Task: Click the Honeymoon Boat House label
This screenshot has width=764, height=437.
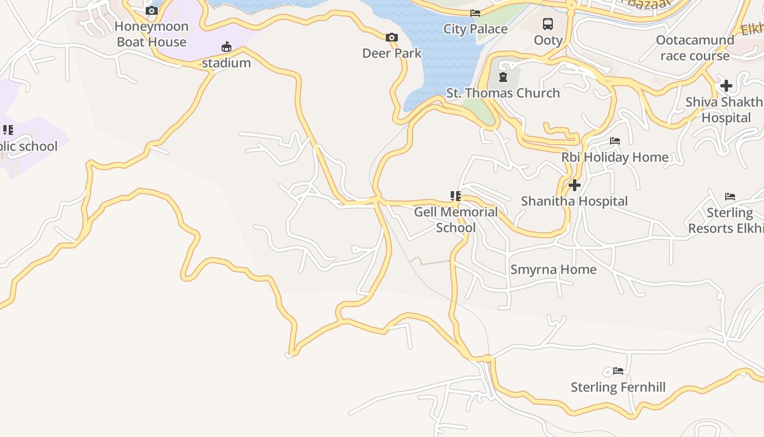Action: [152, 34]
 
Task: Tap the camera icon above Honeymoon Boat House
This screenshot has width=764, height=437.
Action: [152, 10]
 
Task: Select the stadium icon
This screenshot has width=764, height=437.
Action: [226, 47]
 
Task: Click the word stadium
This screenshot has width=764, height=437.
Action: [226, 63]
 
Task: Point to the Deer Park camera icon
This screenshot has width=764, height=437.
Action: [391, 38]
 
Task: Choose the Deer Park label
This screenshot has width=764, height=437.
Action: [392, 53]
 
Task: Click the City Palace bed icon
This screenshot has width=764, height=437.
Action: [475, 13]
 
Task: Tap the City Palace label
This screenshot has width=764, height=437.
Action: [475, 29]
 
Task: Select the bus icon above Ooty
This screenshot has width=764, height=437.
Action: [548, 24]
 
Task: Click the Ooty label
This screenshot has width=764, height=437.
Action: [548, 40]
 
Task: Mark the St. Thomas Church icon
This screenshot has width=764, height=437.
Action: [503, 77]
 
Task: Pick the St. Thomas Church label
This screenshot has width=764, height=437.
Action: [503, 93]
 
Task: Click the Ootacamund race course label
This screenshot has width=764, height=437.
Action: [695, 48]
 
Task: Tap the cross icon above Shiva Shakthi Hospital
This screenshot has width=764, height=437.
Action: [726, 86]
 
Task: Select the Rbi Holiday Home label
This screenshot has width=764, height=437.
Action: [615, 157]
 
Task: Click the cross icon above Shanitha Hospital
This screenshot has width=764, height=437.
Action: [574, 185]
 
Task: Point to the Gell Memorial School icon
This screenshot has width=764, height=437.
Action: [455, 196]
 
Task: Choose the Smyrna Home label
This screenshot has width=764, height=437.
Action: [553, 269]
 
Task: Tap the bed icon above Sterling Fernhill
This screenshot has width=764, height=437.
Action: [618, 371]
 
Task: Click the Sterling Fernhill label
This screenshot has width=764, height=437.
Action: [618, 387]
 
